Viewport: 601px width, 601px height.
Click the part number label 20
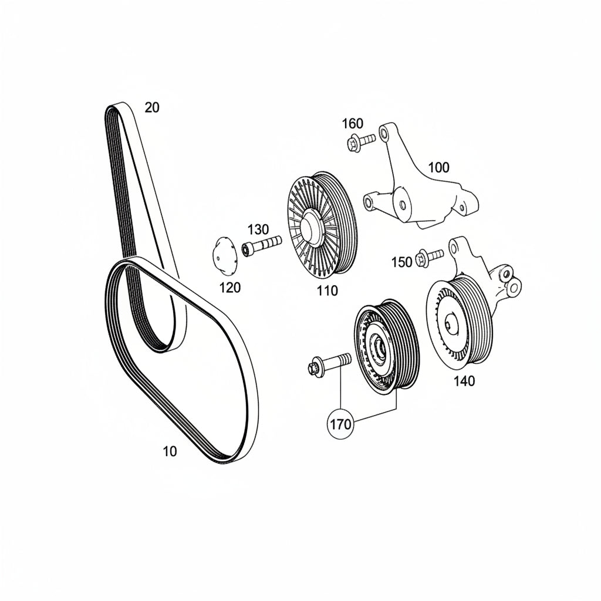coord(152,108)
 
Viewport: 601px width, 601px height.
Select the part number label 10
coord(170,451)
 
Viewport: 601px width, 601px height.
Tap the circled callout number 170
coord(341,424)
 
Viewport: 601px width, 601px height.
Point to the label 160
coord(352,123)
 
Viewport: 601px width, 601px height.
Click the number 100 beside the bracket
coord(438,167)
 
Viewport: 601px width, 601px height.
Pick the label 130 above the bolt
coord(258,229)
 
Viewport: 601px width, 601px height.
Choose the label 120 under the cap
coord(229,287)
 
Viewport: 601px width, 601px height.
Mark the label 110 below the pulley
coord(327,291)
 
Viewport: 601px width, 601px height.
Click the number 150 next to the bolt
coord(401,262)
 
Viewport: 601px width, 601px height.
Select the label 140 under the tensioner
coord(464,381)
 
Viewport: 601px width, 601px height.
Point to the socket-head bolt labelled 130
coord(262,245)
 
